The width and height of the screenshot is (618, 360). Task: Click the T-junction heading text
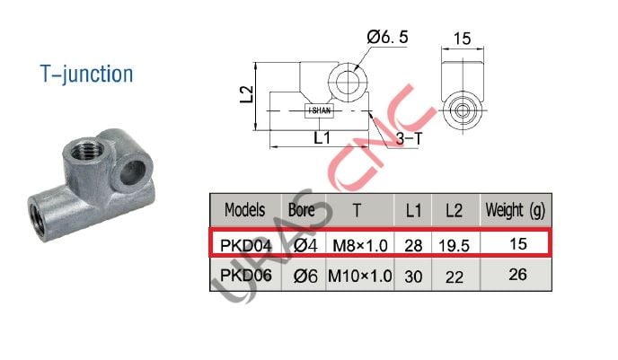click(x=86, y=74)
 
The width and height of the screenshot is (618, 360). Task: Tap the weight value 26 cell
click(x=517, y=276)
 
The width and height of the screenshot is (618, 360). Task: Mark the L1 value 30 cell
click(x=413, y=277)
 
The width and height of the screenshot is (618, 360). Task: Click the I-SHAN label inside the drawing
click(x=321, y=110)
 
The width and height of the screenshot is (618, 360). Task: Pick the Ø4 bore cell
click(x=301, y=243)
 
